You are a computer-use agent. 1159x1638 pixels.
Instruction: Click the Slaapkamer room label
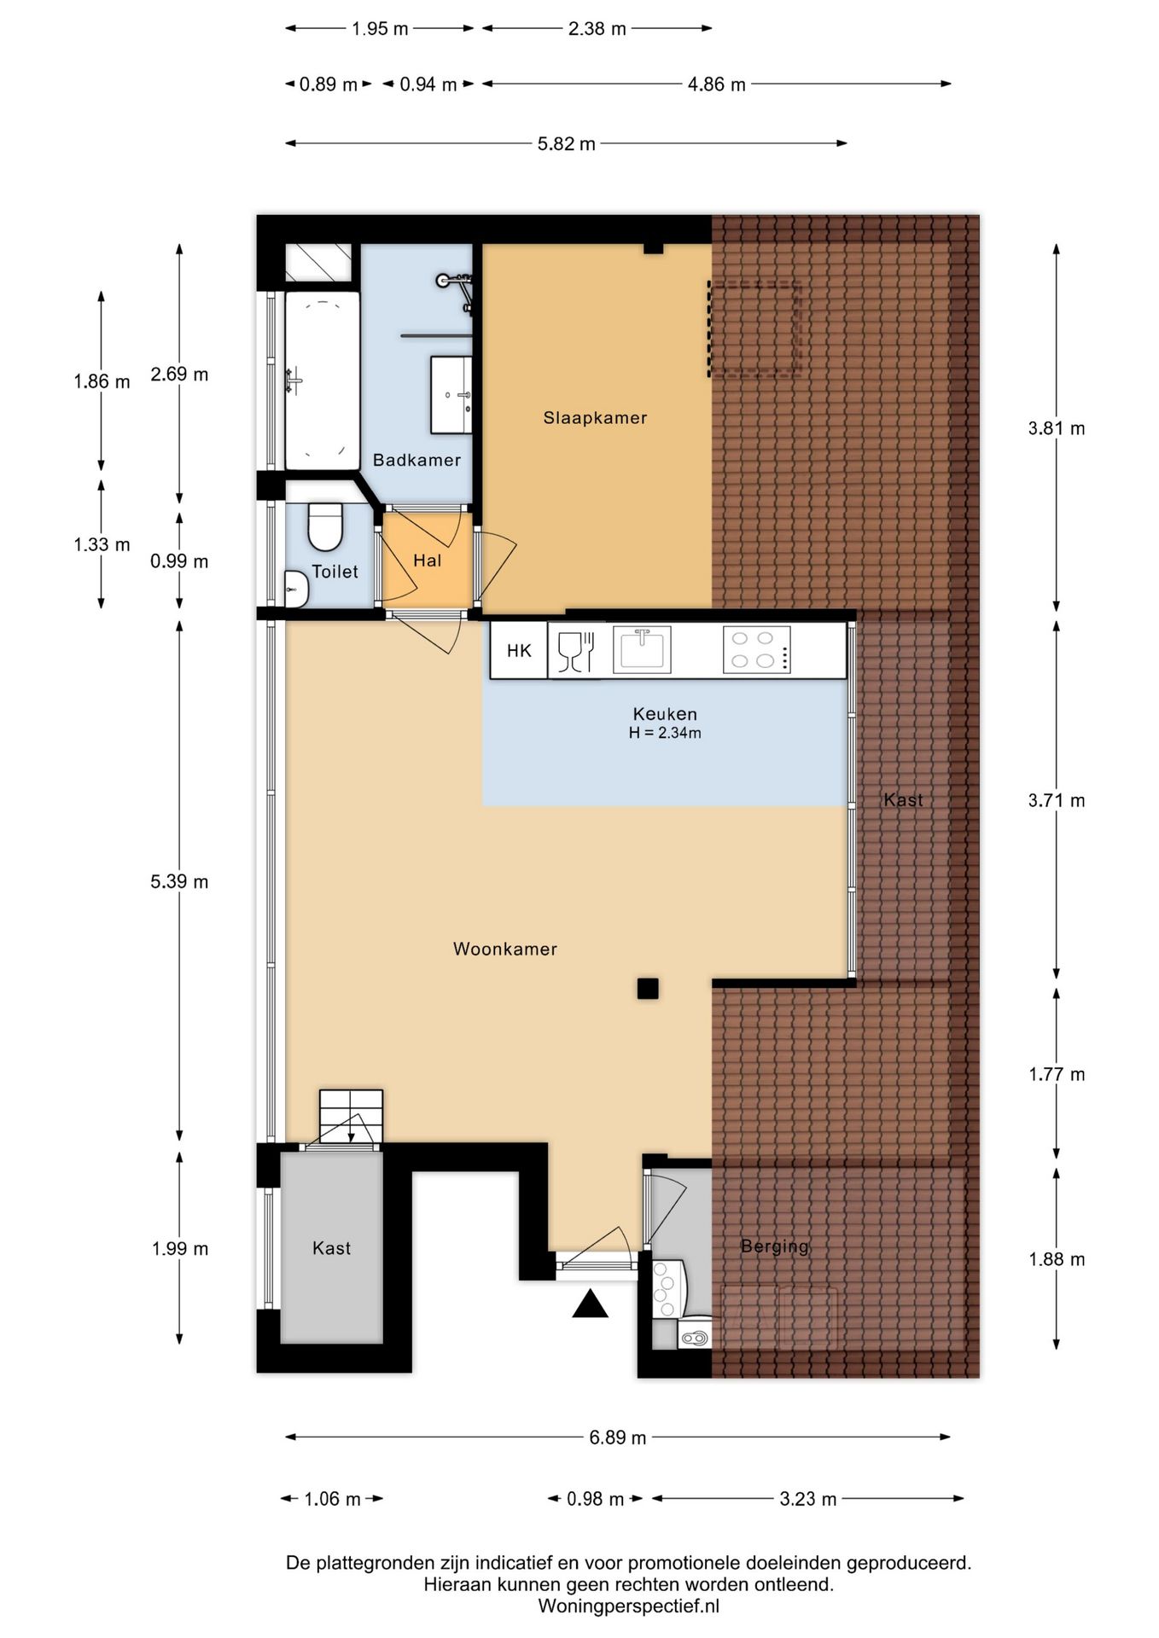(x=595, y=418)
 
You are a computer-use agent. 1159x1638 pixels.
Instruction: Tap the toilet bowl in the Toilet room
(x=324, y=526)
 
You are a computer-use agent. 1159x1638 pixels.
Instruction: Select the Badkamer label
(x=416, y=460)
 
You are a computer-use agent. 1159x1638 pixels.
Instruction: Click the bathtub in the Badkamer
(x=322, y=380)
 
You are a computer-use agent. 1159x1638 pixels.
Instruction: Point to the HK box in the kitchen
(x=519, y=651)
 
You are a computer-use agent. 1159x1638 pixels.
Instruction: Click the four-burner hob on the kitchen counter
(x=756, y=650)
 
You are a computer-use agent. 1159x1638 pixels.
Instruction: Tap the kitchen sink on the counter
(x=642, y=650)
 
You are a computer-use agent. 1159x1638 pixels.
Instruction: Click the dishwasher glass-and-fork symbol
(x=576, y=651)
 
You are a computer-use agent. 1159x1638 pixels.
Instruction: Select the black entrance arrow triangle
(x=590, y=1304)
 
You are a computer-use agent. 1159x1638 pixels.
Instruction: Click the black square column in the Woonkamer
(x=648, y=988)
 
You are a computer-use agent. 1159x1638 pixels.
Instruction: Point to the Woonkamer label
(x=505, y=949)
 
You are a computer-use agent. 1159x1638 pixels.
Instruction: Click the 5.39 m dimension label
(x=179, y=881)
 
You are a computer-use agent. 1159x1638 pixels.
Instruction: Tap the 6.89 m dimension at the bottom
(x=618, y=1438)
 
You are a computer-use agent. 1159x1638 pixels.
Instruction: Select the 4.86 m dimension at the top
(x=717, y=84)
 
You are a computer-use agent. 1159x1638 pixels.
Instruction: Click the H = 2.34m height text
(x=665, y=733)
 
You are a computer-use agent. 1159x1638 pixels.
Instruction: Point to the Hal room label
(x=428, y=561)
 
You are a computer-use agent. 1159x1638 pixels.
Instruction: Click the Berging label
(x=775, y=1246)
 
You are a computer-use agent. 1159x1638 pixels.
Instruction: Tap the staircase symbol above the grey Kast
(x=351, y=1117)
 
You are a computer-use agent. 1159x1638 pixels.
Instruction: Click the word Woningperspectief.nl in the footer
(x=629, y=1606)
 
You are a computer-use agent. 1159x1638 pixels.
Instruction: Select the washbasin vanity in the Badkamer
(x=451, y=395)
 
